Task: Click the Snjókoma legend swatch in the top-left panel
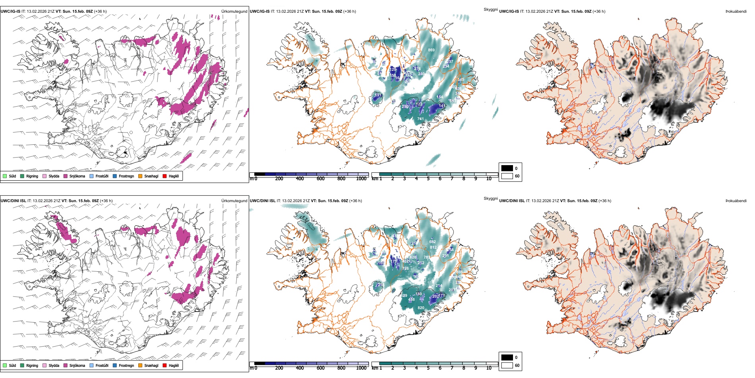tap(66, 176)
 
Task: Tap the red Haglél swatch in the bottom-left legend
tap(165, 365)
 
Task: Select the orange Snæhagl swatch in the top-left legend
tap(140, 176)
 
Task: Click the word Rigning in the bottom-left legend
tap(32, 365)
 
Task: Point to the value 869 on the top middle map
tap(431, 50)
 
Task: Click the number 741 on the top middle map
tap(420, 119)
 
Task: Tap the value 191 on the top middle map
tap(378, 95)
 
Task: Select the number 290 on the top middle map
tap(405, 107)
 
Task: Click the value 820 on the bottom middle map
tap(421, 308)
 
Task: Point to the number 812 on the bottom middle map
tap(433, 247)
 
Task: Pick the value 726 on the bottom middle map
tap(405, 269)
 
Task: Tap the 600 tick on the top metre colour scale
tap(321, 179)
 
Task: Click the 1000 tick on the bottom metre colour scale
tap(361, 368)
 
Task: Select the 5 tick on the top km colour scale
tap(428, 179)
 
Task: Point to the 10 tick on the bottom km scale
tap(489, 368)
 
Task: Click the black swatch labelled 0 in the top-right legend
tap(507, 168)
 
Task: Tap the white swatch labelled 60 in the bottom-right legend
tap(507, 365)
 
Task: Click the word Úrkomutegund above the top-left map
tap(234, 12)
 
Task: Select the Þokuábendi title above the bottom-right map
tap(736, 201)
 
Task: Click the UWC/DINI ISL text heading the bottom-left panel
tap(13, 201)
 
